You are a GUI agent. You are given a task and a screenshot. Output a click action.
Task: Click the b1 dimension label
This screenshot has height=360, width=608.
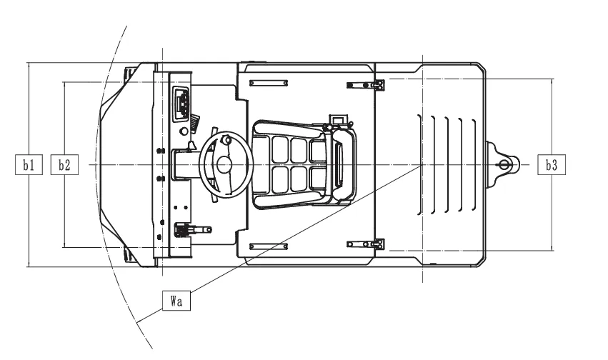coord(29,165)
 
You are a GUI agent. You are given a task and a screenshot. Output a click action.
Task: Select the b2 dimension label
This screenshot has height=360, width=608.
coord(64,165)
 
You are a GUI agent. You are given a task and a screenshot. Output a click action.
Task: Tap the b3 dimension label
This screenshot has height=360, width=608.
coord(551,165)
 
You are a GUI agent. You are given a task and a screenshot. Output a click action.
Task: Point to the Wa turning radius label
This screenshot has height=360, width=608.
coord(176,300)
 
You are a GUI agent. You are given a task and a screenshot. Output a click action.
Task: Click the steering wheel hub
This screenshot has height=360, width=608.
coord(224,165)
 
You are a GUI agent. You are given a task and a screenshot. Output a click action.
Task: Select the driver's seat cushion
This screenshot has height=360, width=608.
coord(291,165)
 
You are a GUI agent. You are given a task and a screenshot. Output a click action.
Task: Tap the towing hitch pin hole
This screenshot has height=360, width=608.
coord(503,165)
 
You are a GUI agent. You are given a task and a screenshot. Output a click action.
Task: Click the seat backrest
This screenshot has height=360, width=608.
coord(343,165)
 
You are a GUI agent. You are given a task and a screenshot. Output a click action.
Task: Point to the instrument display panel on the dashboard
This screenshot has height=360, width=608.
coord(182,103)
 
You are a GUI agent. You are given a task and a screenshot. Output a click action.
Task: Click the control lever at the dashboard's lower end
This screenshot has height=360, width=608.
coord(193,229)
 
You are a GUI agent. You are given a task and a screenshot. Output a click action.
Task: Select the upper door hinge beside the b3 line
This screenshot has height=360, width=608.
coord(366,85)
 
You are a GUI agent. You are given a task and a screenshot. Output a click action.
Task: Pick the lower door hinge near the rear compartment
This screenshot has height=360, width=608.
coord(366,244)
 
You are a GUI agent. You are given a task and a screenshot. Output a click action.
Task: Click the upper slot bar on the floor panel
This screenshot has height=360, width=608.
coord(269,83)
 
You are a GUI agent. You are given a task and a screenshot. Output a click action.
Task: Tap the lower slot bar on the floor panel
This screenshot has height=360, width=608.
coord(269,246)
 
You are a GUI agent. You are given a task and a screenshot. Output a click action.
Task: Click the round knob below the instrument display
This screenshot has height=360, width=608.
coord(184,131)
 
